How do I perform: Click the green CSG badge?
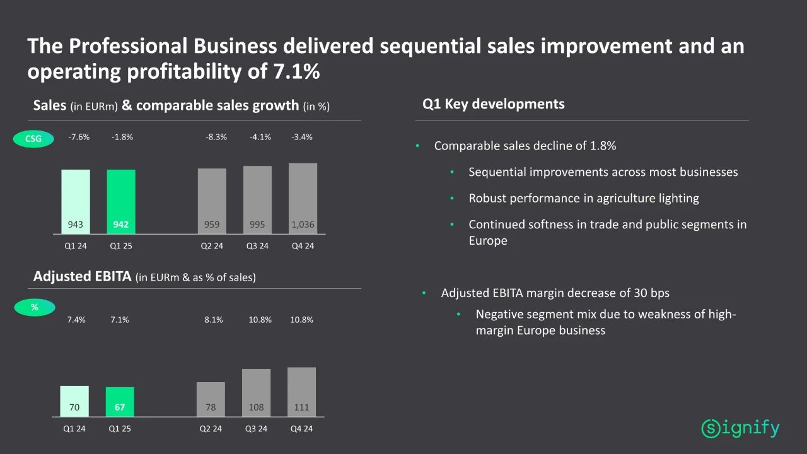33,139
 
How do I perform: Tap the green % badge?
35,308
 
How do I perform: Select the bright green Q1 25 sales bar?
121,202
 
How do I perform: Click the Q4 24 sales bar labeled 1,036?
303,199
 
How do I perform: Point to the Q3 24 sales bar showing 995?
257,200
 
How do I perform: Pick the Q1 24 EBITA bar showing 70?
74,401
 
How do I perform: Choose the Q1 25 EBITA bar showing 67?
120,402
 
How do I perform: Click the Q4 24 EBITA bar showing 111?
301,392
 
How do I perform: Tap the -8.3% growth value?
216,137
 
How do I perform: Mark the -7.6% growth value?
79,137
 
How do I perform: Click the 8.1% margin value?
214,320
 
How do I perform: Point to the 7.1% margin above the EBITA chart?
120,320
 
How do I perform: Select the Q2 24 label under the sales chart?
212,246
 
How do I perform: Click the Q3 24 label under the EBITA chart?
256,429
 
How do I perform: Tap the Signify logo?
740,429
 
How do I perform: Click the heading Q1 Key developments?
493,104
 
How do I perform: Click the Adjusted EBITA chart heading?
82,277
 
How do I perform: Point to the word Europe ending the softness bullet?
487,240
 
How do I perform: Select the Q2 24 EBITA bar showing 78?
211,399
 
